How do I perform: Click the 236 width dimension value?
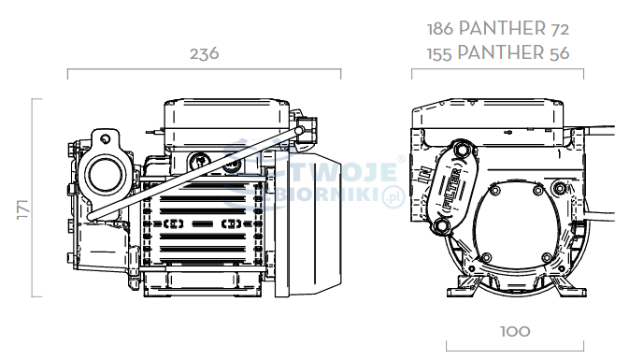[204, 54]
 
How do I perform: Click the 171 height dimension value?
[23, 209]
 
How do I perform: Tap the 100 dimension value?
[516, 332]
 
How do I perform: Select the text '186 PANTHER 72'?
[498, 28]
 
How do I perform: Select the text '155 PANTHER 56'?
[498, 53]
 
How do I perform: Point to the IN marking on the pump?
[424, 176]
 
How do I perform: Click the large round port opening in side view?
[105, 175]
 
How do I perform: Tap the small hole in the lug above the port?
[106, 139]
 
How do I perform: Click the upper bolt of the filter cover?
[462, 150]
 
